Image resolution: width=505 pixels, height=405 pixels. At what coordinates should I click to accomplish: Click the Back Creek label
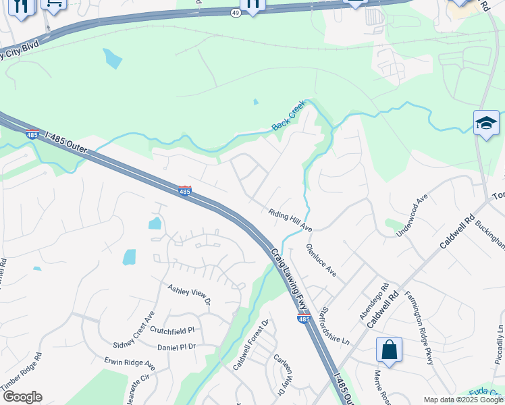[x=290, y=115]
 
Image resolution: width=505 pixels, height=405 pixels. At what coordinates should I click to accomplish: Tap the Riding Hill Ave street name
[x=290, y=219]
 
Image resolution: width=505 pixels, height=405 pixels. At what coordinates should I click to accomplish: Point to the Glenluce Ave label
[x=321, y=260]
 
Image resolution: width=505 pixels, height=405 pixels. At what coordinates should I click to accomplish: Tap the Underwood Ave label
[x=413, y=215]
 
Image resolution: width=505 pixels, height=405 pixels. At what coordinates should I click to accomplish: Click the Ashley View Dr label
[x=190, y=295]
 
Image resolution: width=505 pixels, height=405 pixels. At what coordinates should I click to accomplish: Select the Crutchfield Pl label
[x=172, y=330]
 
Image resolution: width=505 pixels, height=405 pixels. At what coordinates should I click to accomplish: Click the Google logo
[x=22, y=397]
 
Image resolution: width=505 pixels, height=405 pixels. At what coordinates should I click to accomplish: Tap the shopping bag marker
[x=389, y=350]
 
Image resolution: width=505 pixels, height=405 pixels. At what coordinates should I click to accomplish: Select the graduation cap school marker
[x=486, y=123]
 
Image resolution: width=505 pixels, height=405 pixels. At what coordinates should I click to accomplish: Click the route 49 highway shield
[x=235, y=13]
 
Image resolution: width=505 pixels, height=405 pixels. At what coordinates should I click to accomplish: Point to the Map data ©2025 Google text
[x=463, y=400]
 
